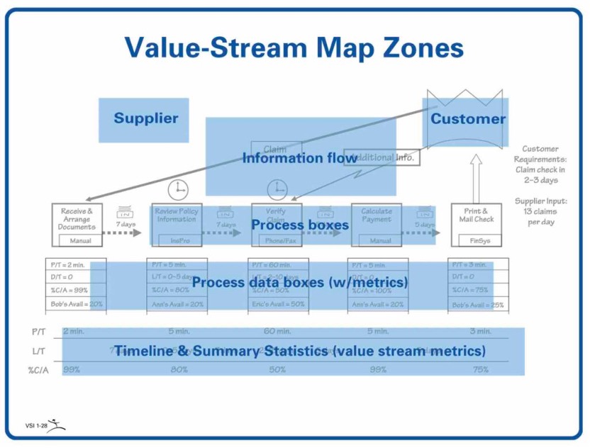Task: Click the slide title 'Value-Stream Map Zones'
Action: click(294, 48)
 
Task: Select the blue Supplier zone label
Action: click(145, 118)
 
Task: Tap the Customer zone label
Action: click(468, 118)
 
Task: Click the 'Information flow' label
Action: click(299, 158)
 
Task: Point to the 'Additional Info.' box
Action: click(384, 157)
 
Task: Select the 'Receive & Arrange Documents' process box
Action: click(76, 220)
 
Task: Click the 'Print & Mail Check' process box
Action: click(475, 215)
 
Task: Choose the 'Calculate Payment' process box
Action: click(377, 216)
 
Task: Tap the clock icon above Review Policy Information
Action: click(179, 189)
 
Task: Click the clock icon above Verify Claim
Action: click(277, 189)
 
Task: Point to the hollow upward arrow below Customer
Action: click(476, 177)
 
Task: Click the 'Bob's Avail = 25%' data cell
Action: click(479, 305)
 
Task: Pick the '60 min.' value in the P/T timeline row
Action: click(277, 332)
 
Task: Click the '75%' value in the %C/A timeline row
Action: click(480, 369)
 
